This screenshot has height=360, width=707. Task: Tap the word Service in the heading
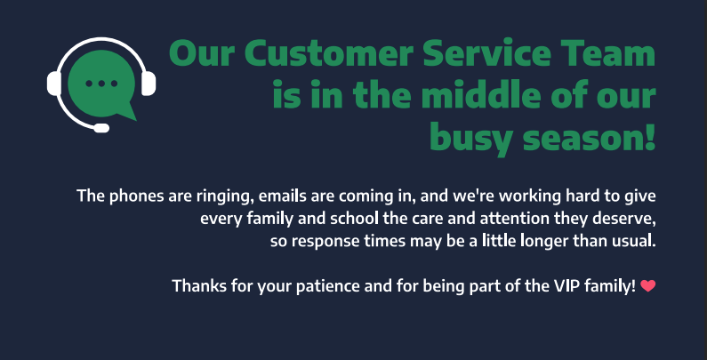(x=487, y=53)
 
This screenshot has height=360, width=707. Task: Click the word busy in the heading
(x=472, y=140)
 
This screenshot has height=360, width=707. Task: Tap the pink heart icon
(x=648, y=285)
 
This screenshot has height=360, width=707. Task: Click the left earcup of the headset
(x=53, y=84)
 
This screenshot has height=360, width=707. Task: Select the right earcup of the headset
(x=149, y=84)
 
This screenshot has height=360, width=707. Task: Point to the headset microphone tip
(x=101, y=128)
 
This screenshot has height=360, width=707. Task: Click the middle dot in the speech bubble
(x=101, y=84)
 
